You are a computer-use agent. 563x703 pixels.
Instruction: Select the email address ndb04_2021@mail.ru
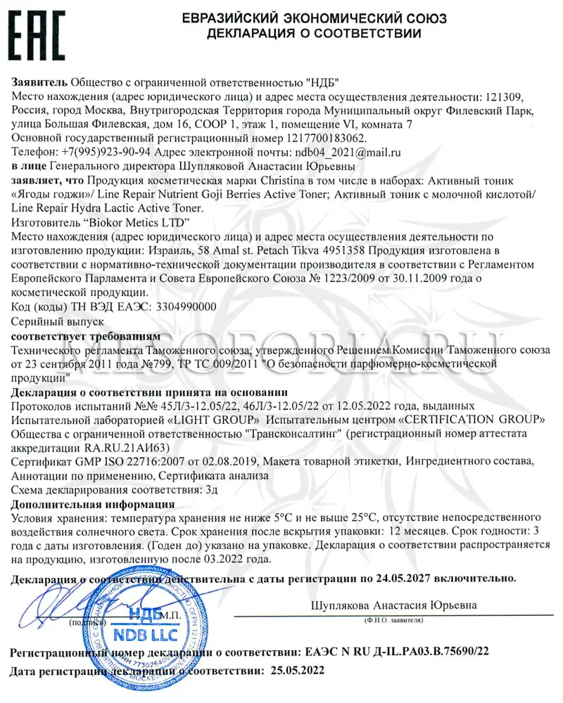click(x=348, y=152)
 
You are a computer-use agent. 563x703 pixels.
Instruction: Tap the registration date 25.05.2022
click(x=298, y=671)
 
